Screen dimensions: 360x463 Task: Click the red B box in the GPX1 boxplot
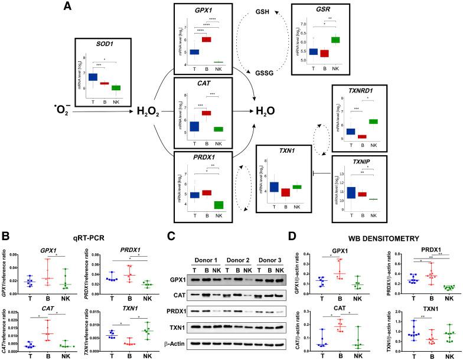[207, 40]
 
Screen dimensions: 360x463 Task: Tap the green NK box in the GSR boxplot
[335, 40]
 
